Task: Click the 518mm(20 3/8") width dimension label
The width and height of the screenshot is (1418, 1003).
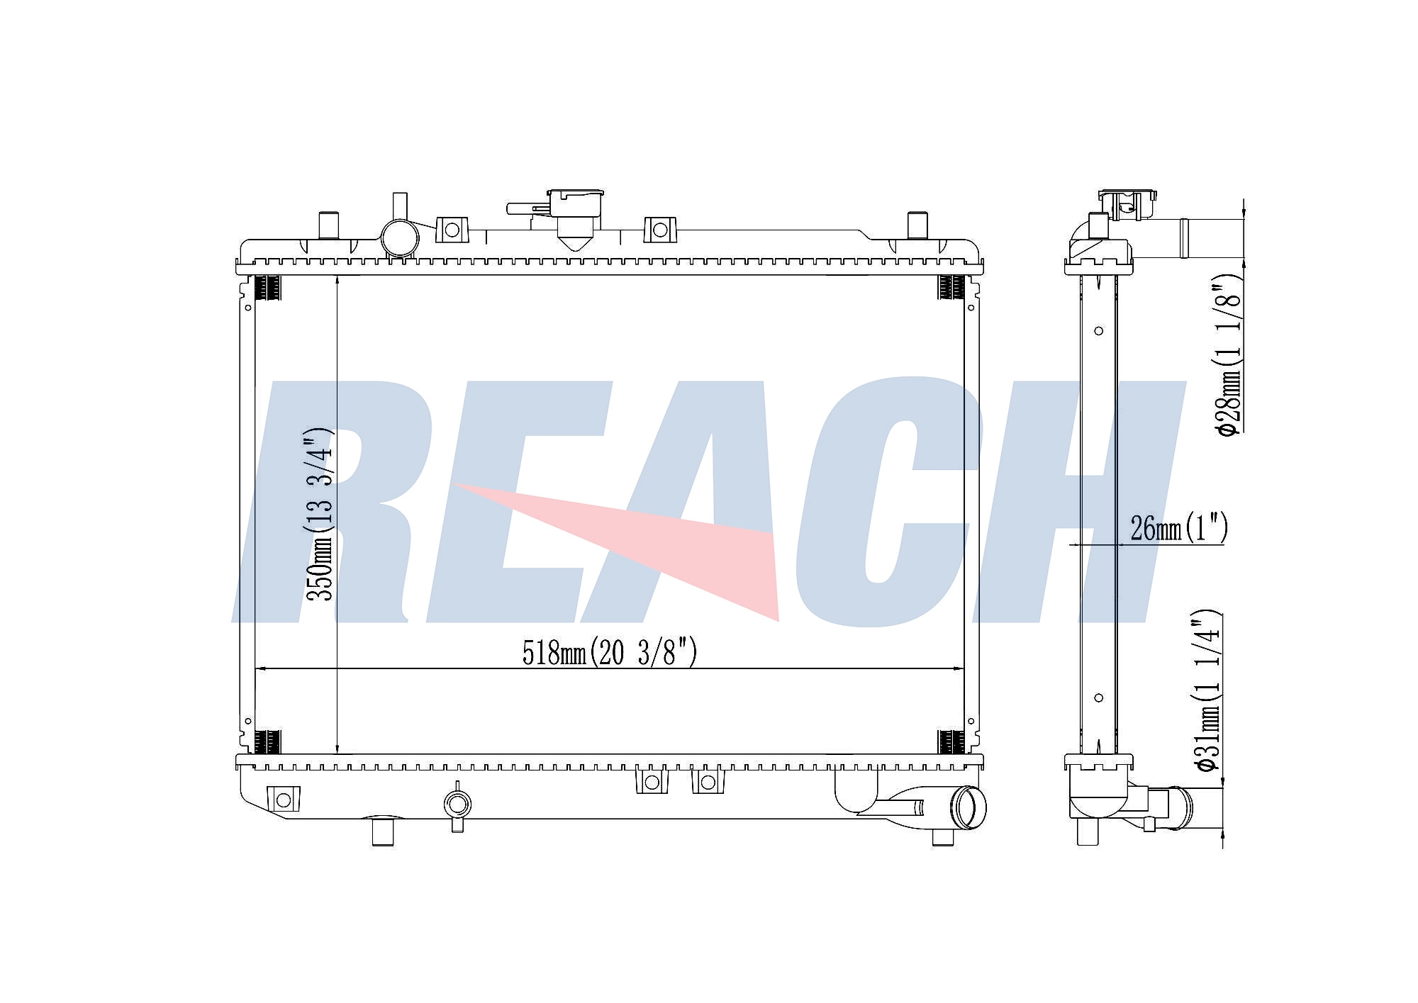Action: point(610,652)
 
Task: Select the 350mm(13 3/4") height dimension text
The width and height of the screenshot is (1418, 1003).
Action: point(320,515)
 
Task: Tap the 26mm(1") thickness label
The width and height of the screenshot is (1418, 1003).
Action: point(1178,528)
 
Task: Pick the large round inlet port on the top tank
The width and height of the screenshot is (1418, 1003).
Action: point(401,239)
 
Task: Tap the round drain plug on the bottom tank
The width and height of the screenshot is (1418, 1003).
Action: point(457,804)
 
